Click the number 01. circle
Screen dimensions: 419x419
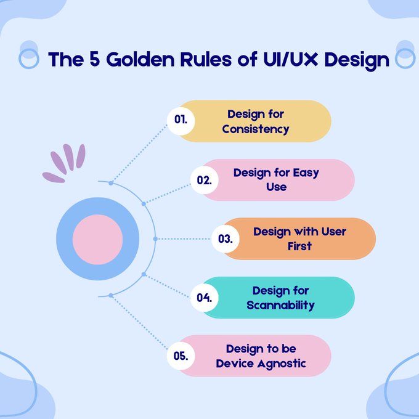click(x=181, y=121)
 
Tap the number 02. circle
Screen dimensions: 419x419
click(x=204, y=180)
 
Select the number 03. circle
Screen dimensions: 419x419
click(x=225, y=239)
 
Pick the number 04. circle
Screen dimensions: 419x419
click(x=204, y=298)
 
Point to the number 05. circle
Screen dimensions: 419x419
click(x=181, y=356)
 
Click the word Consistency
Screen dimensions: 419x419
click(x=256, y=129)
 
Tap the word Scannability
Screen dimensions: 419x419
click(x=280, y=306)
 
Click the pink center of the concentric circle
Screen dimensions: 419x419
click(x=97, y=238)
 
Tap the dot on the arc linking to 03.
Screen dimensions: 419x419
click(x=155, y=238)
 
